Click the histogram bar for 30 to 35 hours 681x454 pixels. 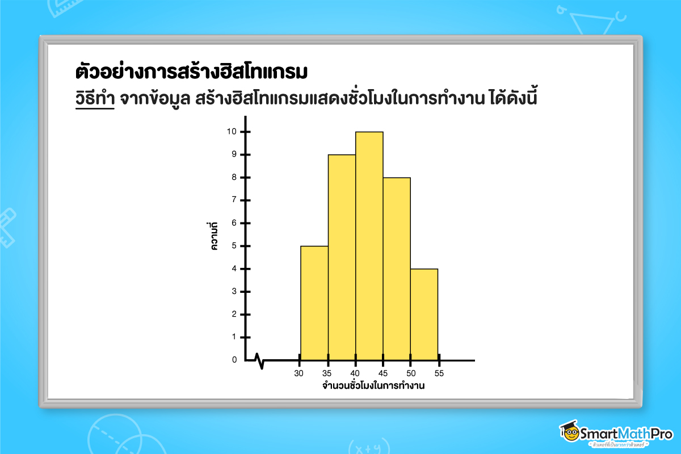(x=314, y=303)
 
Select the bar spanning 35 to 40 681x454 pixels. (x=342, y=258)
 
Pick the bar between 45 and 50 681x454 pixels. (x=397, y=269)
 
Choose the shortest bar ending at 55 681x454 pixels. (x=424, y=314)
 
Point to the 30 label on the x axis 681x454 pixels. (x=299, y=373)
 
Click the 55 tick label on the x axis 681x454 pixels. (x=439, y=373)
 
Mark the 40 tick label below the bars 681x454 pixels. (x=355, y=373)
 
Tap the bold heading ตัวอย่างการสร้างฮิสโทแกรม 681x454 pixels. (x=191, y=73)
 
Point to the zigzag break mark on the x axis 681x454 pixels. (x=259, y=360)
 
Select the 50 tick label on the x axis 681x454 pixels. (x=411, y=373)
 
